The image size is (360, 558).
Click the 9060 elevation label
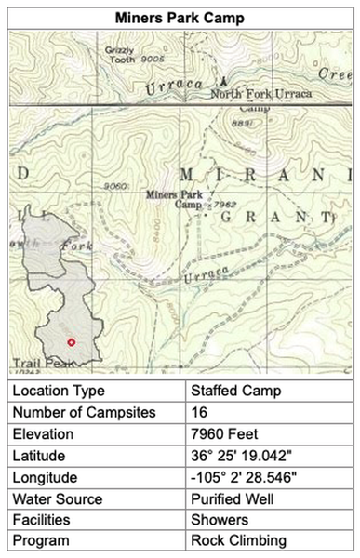point(114,186)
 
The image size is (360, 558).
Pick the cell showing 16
point(199,412)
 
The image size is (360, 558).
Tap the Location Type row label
point(59,391)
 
